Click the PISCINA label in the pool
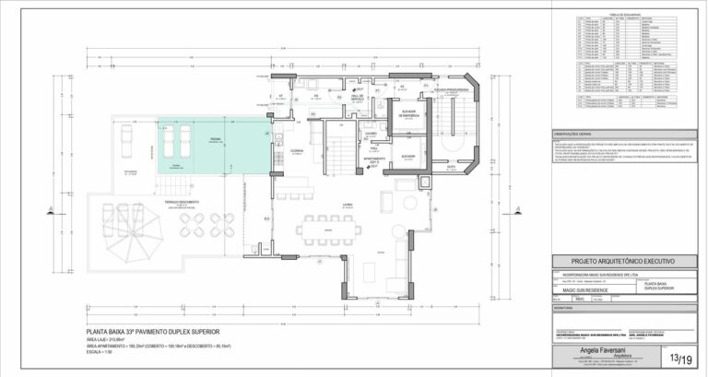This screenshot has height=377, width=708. [214, 139]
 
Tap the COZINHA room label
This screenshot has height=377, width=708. [298, 150]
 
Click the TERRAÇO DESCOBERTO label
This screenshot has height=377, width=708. [183, 201]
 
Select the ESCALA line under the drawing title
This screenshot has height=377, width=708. [100, 352]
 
